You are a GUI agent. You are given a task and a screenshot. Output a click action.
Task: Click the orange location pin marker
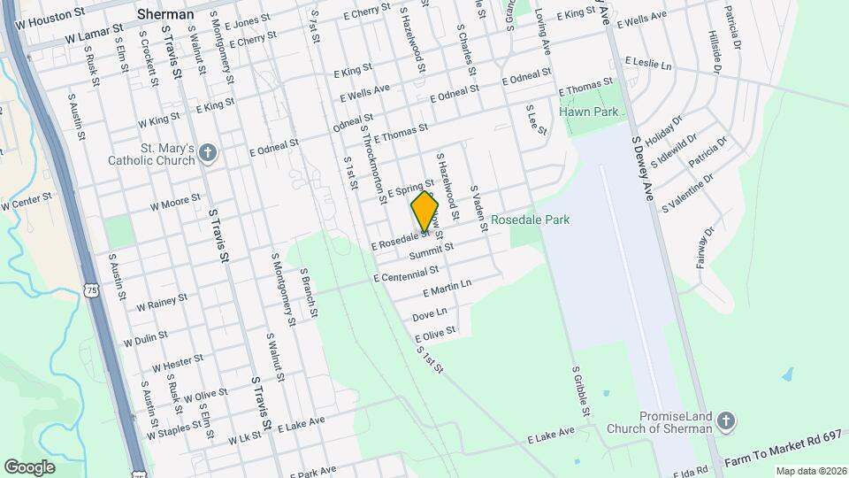(424, 212)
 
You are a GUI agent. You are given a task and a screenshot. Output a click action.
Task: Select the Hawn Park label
(588, 112)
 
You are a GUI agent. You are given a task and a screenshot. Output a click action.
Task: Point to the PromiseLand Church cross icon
(726, 421)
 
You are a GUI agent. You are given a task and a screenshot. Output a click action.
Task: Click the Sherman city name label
(165, 14)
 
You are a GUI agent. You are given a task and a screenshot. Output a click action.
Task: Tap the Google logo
(29, 466)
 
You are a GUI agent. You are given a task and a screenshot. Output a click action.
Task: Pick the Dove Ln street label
(430, 314)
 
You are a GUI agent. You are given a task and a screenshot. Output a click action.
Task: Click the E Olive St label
(435, 334)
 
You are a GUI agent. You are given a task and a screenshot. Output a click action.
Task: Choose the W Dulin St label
(146, 340)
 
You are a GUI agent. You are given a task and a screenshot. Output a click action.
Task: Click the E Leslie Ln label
(648, 65)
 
